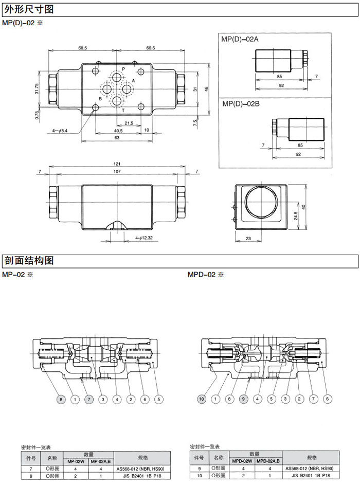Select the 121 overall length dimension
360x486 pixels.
117,164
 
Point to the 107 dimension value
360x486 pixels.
117,171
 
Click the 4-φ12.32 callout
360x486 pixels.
145,238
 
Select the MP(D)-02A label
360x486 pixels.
240,39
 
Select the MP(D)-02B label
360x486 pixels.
240,104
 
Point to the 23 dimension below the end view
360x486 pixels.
248,238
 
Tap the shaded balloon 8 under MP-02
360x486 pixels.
61,399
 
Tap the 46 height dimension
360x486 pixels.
206,88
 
